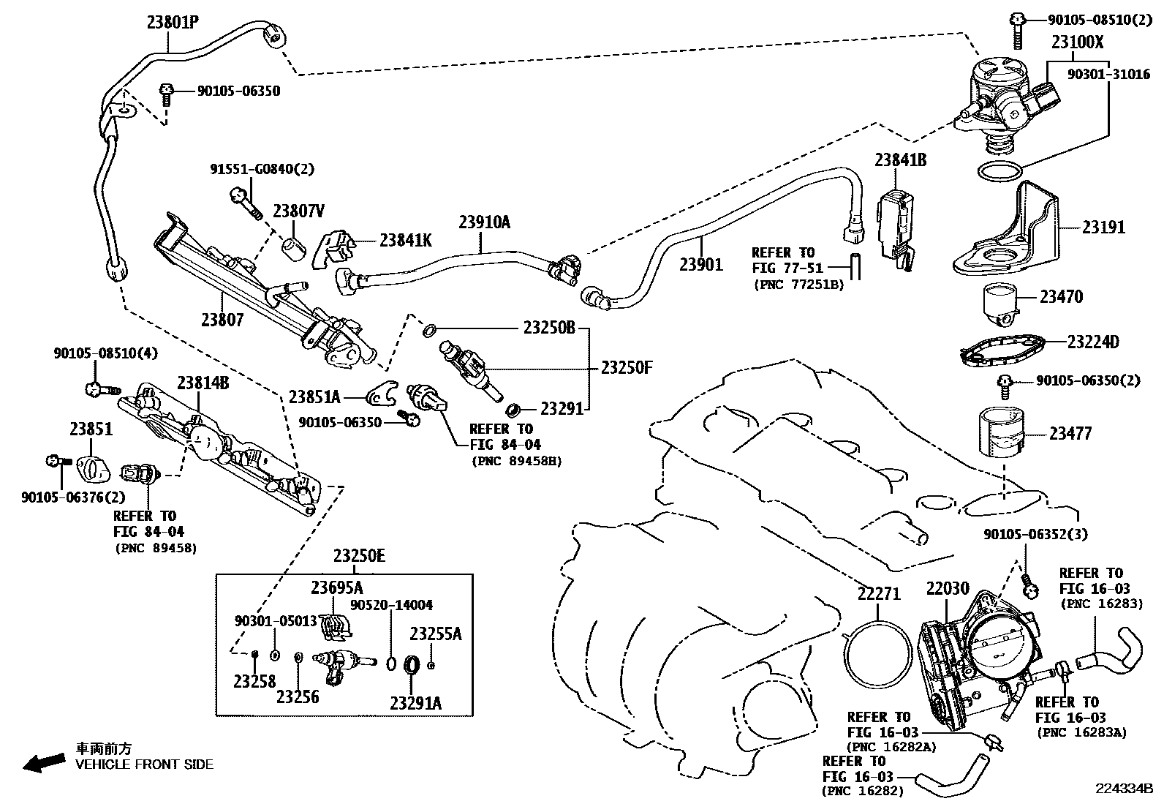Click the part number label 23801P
[x=173, y=22]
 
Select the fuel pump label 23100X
[x=1077, y=42]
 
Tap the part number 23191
[x=1103, y=228]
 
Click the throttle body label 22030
[x=948, y=589]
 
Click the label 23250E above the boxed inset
[x=358, y=556]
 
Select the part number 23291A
[x=415, y=704]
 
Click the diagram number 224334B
[x=1123, y=789]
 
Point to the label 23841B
[x=901, y=159]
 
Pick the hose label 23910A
[x=484, y=222]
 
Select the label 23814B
[x=203, y=383]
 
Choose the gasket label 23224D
[x=1092, y=342]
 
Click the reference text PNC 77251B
[x=798, y=285]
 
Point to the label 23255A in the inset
[x=436, y=634]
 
